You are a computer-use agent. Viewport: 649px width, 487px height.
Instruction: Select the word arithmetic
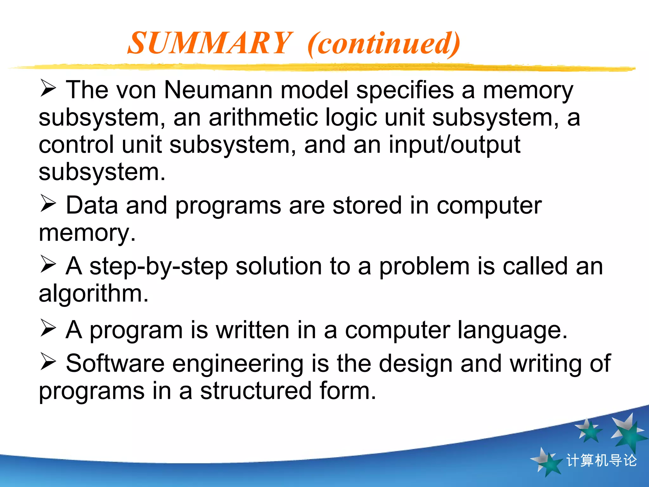[x=263, y=117]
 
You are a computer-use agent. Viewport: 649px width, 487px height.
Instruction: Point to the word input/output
[x=454, y=145]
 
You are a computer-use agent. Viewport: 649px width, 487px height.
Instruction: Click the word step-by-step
[x=158, y=266]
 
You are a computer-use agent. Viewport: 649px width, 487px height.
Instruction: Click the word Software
[x=115, y=363]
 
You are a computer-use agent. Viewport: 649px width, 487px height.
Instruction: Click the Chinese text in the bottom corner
[x=601, y=460]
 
